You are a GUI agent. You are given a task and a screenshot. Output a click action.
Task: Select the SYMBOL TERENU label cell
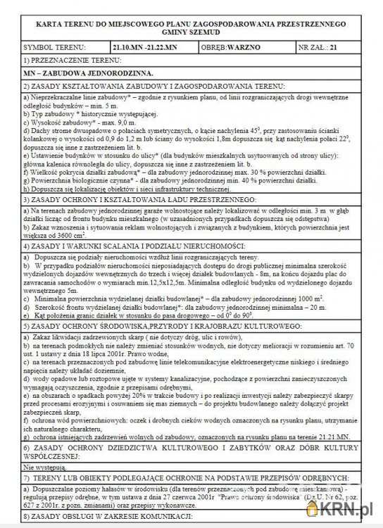point(46,47)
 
